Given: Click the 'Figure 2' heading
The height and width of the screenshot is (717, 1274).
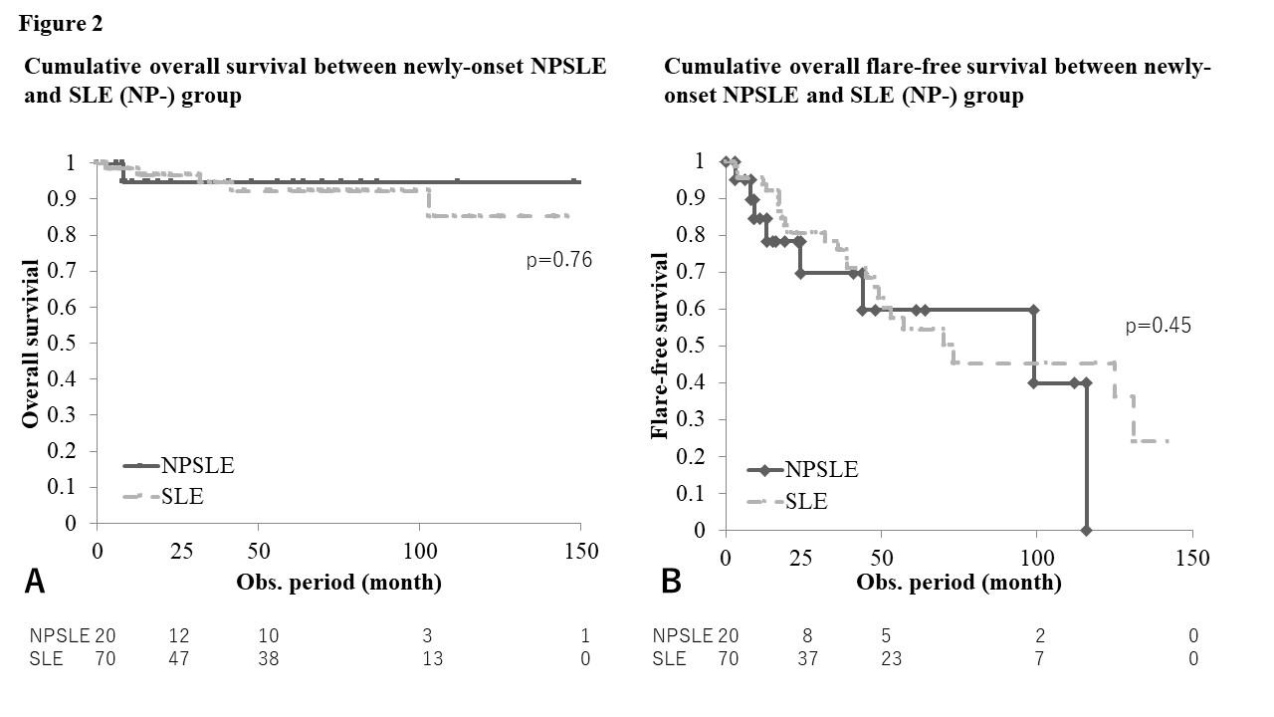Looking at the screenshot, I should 60,23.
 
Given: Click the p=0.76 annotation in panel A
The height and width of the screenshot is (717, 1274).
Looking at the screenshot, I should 558,261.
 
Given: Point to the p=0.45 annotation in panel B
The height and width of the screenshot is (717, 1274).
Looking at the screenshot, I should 1159,325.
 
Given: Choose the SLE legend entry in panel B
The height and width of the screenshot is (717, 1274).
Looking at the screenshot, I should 807,501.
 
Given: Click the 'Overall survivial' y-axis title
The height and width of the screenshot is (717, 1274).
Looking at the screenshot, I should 31,345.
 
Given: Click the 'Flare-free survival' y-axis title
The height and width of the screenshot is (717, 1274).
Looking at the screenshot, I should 660,346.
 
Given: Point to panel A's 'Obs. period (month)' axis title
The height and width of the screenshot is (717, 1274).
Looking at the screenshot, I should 338,582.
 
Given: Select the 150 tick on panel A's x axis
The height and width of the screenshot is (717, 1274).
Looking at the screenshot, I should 581,552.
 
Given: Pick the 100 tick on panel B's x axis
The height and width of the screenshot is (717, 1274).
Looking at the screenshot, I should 1036,559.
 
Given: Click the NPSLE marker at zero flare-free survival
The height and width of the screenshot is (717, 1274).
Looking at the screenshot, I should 1086,530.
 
